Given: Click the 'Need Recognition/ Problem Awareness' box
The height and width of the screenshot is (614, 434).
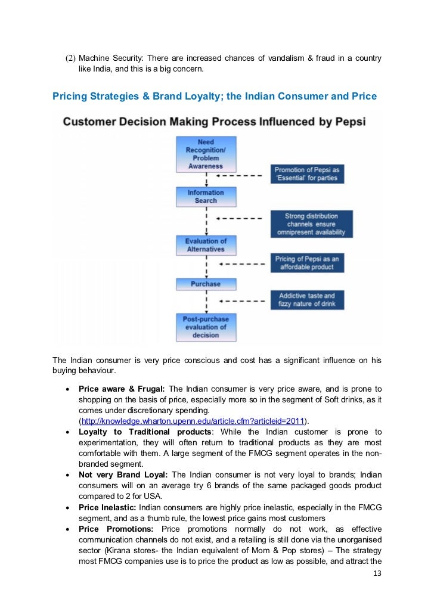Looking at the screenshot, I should click(x=206, y=154).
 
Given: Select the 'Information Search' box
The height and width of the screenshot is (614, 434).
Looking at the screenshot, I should click(x=206, y=197).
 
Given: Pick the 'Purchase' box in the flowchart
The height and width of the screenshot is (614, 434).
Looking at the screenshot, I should click(x=206, y=284).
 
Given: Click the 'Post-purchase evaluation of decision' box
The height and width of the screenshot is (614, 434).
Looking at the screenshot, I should click(x=206, y=327).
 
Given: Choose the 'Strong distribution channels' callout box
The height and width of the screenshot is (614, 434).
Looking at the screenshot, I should click(x=311, y=224).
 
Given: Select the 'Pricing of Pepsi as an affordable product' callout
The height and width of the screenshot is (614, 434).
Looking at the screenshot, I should click(x=306, y=263).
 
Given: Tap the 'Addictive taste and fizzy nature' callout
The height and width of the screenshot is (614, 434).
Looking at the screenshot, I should click(x=306, y=300).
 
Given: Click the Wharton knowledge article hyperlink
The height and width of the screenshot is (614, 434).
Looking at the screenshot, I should click(x=191, y=421).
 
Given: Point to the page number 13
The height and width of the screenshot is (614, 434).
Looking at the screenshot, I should click(x=376, y=573).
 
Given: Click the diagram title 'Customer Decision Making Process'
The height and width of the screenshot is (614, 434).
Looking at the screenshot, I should click(x=214, y=123).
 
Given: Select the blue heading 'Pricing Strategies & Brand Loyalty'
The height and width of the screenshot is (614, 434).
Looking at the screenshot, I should click(x=215, y=95).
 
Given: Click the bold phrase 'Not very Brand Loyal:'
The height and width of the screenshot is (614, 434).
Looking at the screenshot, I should click(x=124, y=475).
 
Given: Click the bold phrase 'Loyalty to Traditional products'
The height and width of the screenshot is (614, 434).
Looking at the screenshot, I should click(x=145, y=432).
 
